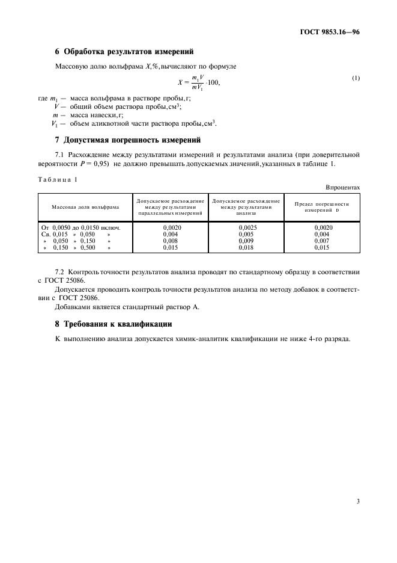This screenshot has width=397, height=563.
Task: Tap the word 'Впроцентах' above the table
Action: [x=343, y=187]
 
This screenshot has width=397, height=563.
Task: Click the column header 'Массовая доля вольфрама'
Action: [x=85, y=206]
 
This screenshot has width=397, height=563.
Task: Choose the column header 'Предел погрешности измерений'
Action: [x=321, y=206]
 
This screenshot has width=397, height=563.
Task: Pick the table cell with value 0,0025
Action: [x=246, y=228]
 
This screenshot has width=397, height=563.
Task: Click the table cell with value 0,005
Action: [x=246, y=235]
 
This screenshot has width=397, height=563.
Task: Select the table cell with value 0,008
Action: [x=171, y=241]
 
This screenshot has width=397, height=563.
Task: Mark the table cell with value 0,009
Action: [x=246, y=241]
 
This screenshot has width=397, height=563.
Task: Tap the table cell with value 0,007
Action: [x=322, y=241]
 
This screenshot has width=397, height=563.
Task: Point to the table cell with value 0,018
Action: [x=246, y=247]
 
